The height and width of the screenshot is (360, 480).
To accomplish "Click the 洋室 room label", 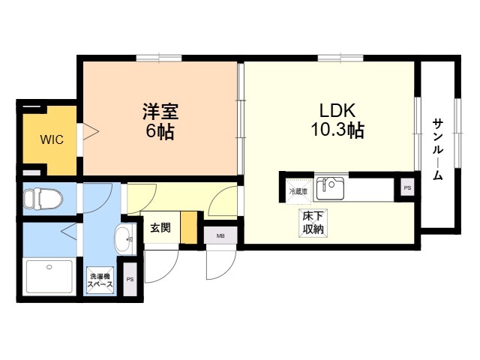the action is [x=160, y=112].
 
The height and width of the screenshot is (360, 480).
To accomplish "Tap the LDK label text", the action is [x=337, y=111].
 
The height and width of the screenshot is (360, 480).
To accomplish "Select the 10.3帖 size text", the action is [x=337, y=130].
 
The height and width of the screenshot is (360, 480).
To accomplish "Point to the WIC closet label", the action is [x=52, y=139].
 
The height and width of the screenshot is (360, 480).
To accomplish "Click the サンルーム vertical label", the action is [x=438, y=149].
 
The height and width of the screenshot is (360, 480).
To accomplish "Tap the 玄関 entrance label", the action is [x=160, y=228].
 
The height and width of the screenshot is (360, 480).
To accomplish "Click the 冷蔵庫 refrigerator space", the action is [x=298, y=192].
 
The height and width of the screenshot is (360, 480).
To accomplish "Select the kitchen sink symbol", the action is [x=330, y=188].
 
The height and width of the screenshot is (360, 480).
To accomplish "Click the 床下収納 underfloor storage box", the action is [x=313, y=223].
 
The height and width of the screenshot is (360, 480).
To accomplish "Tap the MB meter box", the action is [x=220, y=235].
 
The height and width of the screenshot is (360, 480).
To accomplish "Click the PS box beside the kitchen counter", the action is [x=407, y=188].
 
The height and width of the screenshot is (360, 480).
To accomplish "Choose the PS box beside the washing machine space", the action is [x=130, y=279].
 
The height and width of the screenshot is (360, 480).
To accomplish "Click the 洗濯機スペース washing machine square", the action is [x=100, y=280].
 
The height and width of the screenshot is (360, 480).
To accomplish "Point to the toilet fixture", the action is [x=43, y=199].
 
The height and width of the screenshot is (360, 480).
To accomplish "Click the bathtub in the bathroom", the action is [x=50, y=277].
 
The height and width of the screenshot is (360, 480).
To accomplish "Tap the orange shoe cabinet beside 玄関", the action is [x=188, y=227].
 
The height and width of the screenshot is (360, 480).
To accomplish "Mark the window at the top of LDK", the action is [x=340, y=58].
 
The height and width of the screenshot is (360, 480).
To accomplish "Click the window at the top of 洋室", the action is [x=159, y=58].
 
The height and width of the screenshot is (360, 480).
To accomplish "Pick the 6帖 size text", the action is [x=160, y=131].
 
